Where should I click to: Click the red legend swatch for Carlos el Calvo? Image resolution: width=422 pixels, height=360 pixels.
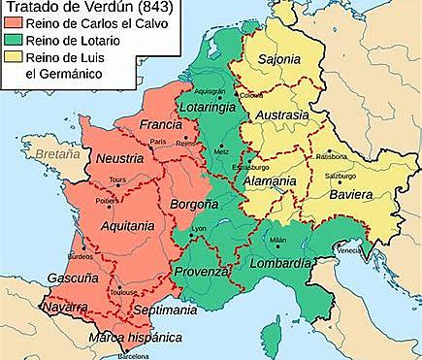pyautogui.click(x=11, y=25)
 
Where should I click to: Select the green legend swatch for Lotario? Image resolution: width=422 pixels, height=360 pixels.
pyautogui.click(x=11, y=41)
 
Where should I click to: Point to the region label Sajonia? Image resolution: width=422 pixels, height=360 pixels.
pyautogui.click(x=278, y=60)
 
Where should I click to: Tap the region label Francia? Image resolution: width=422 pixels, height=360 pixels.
pyautogui.click(x=160, y=125)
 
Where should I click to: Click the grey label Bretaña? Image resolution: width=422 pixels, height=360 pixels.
pyautogui.click(x=53, y=154)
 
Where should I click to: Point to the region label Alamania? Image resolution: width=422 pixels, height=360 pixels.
pyautogui.click(x=270, y=181)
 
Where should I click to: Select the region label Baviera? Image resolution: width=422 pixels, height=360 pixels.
pyautogui.click(x=349, y=195)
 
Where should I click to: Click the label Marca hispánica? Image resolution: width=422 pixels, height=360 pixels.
pyautogui.click(x=135, y=338)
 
